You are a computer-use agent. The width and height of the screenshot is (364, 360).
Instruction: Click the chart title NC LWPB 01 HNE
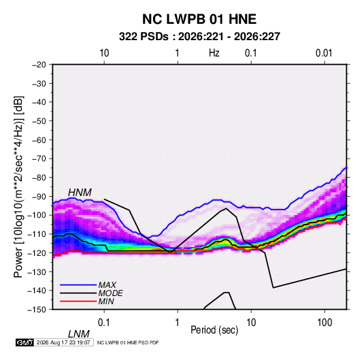(x=199, y=19)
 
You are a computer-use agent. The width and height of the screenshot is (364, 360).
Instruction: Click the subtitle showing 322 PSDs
(x=199, y=37)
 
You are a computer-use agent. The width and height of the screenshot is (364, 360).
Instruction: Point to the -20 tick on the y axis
(x=39, y=65)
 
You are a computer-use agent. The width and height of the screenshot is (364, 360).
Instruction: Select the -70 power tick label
(x=39, y=159)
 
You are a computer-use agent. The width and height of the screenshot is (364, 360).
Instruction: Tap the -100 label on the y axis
(x=37, y=215)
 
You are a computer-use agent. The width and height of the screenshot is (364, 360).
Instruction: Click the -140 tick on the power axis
(x=37, y=291)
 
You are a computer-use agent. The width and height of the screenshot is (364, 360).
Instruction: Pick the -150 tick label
(x=37, y=310)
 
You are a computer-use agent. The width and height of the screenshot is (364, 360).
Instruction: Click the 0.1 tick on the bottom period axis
(x=104, y=322)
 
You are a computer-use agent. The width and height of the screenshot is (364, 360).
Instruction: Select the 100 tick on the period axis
(x=325, y=322)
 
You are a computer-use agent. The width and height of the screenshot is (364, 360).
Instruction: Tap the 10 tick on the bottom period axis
(x=251, y=322)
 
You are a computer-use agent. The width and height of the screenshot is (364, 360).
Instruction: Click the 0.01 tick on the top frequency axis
(x=324, y=53)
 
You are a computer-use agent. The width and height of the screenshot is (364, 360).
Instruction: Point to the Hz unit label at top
(x=214, y=53)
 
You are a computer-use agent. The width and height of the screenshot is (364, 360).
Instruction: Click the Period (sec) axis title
(x=214, y=330)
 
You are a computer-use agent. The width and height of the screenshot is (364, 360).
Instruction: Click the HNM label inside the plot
(x=80, y=193)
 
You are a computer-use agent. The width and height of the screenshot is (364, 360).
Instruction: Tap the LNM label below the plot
(x=78, y=334)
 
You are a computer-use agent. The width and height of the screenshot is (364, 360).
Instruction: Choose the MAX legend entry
(x=107, y=285)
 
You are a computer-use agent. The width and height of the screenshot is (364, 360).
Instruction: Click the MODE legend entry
(x=110, y=293)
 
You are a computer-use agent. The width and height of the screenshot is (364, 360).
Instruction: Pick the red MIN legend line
(x=78, y=301)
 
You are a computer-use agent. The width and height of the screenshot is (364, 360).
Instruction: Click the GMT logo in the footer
(x=24, y=342)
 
